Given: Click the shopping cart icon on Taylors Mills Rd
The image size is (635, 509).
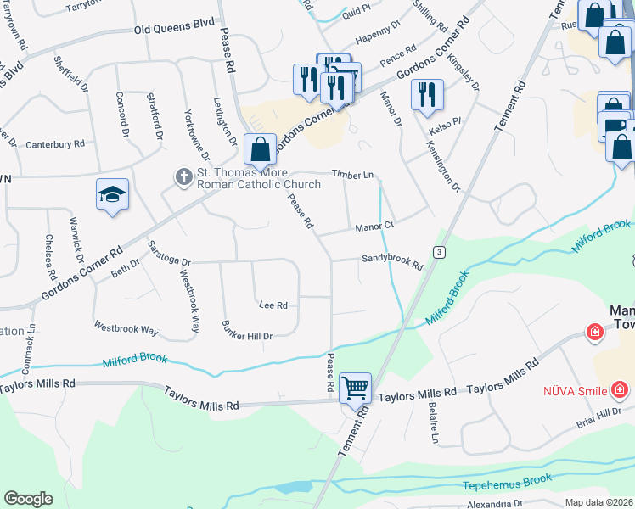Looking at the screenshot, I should (x=356, y=389).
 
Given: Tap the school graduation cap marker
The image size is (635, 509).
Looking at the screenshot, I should (x=112, y=195).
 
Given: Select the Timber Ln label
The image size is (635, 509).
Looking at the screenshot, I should (x=352, y=174).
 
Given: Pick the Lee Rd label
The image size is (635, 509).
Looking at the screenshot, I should (x=273, y=305).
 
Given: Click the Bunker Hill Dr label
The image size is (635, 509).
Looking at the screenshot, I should (x=246, y=331).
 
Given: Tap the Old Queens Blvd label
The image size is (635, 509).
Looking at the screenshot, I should (x=174, y=28).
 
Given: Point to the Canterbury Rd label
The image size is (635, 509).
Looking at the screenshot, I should (x=55, y=144).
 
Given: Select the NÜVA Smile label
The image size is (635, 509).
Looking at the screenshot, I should (x=576, y=391).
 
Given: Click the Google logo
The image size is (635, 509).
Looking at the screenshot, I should (x=28, y=499).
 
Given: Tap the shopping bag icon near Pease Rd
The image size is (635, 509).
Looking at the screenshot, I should (x=260, y=149).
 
